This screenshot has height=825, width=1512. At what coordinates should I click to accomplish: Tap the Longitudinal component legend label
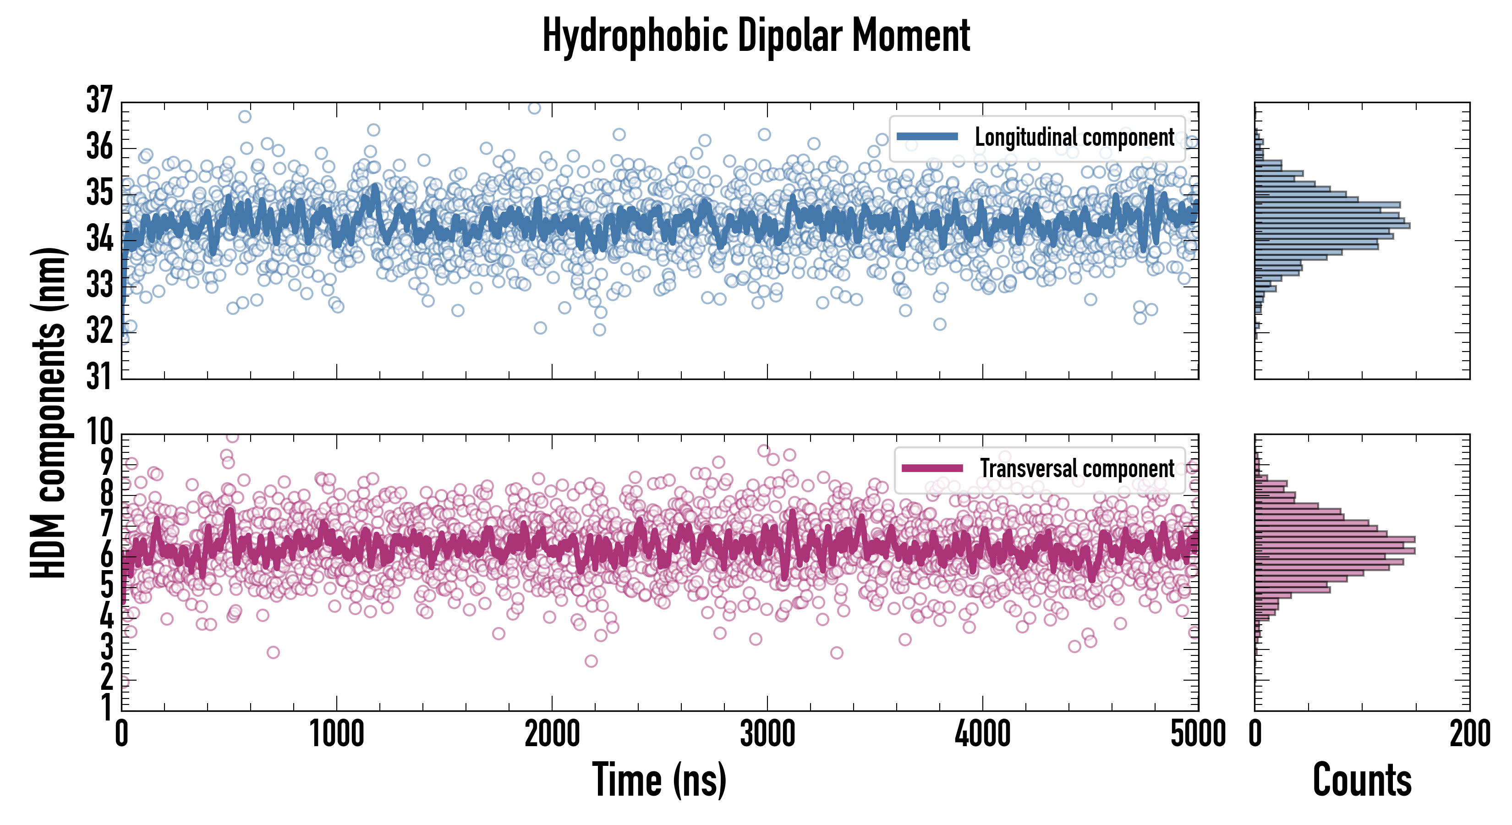[1074, 137]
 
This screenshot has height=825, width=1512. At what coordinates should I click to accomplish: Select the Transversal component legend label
[1077, 468]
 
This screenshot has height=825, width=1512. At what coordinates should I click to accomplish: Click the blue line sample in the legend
[927, 137]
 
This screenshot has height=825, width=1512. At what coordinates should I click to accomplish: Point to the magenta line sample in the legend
[932, 468]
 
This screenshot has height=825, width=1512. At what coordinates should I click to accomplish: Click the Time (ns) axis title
[659, 780]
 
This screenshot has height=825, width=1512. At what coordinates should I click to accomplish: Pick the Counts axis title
[1362, 780]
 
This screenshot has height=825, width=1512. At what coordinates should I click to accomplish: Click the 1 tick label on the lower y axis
[106, 708]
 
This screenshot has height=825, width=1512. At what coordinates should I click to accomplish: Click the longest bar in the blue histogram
[1332, 225]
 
